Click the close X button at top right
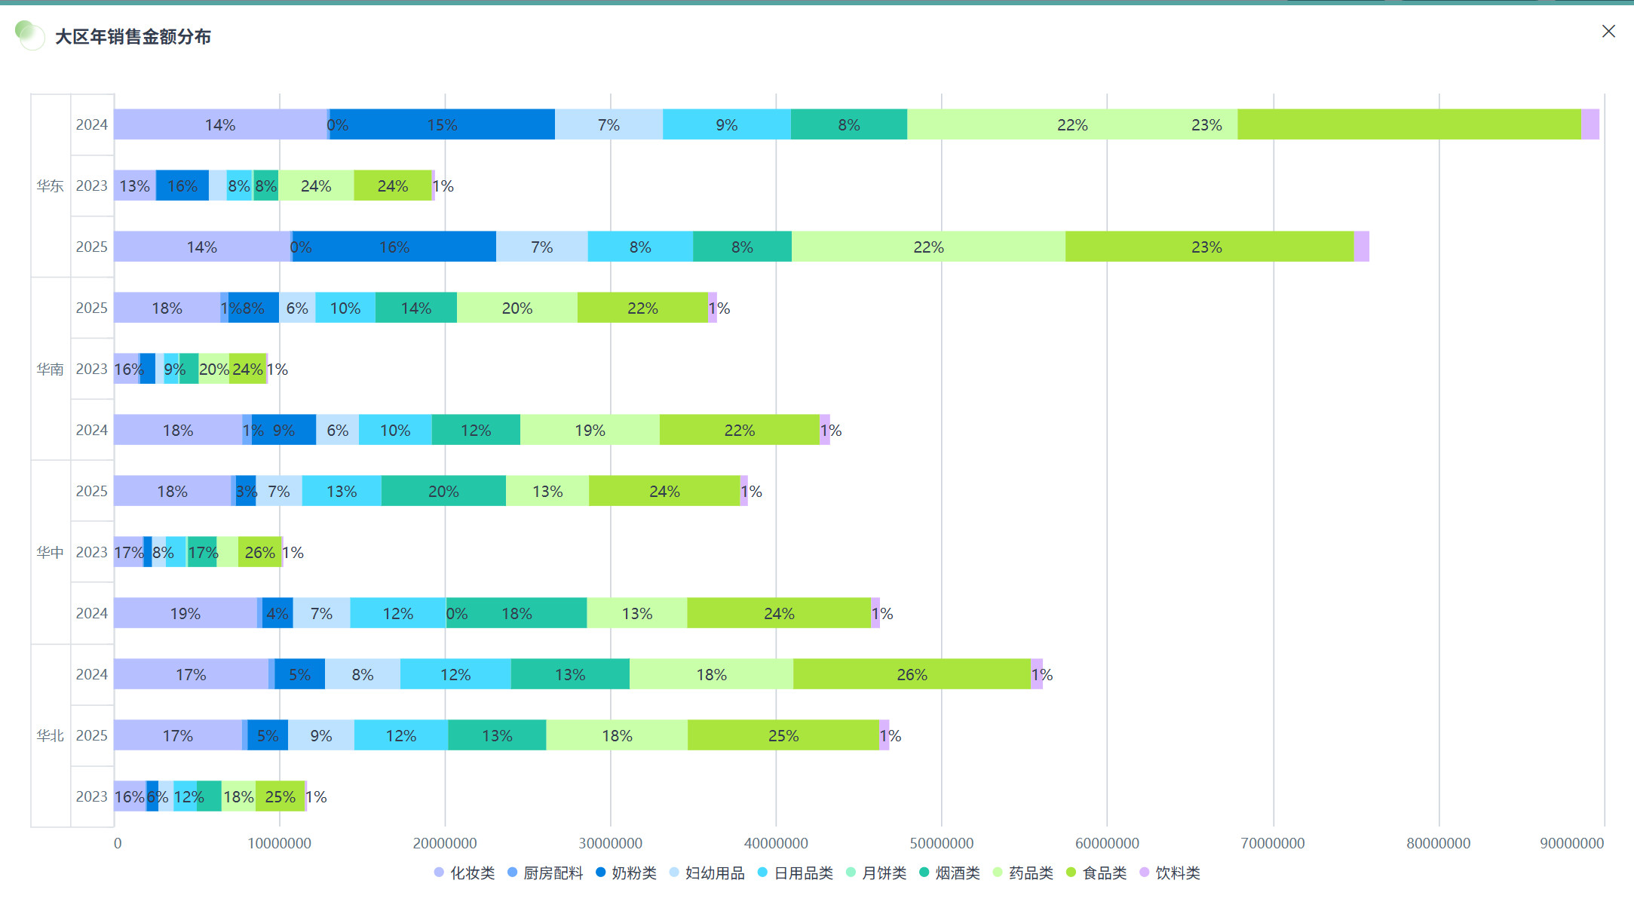[x=1608, y=32]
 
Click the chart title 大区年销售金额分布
[x=133, y=37]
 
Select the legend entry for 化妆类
[x=464, y=873]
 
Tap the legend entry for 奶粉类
[x=626, y=873]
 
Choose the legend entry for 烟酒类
[x=949, y=873]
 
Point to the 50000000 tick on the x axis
[x=941, y=843]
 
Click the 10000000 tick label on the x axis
[x=279, y=843]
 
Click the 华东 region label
[x=50, y=186]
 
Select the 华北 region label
[x=50, y=735]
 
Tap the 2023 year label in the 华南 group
[x=91, y=369]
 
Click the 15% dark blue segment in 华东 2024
[x=442, y=124]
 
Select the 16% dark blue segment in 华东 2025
[x=394, y=247]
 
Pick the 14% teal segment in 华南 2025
[x=416, y=308]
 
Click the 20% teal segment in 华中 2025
[x=443, y=491]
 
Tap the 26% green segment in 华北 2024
[x=912, y=674]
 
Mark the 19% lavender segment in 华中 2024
[x=185, y=613]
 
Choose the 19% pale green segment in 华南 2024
[x=590, y=430]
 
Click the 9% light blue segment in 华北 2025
[x=321, y=735]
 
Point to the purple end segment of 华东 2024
[x=1590, y=124]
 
